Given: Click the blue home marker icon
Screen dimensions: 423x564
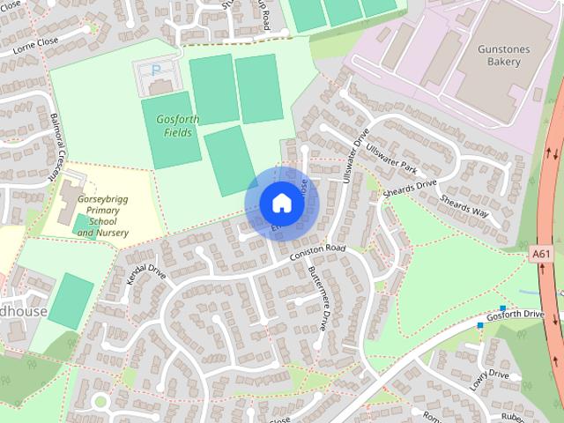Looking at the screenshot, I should [x=280, y=203].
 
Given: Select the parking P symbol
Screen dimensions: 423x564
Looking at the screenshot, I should [x=157, y=69].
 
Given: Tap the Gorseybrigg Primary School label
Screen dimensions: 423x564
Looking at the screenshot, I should [x=102, y=216].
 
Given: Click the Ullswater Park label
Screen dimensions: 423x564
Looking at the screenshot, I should [x=391, y=158].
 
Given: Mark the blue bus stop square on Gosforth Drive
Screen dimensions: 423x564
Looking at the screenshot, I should [x=480, y=325].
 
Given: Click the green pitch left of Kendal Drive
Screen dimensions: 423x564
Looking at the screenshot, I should [x=70, y=301].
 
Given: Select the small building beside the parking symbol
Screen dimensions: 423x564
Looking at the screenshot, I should [x=160, y=86].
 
